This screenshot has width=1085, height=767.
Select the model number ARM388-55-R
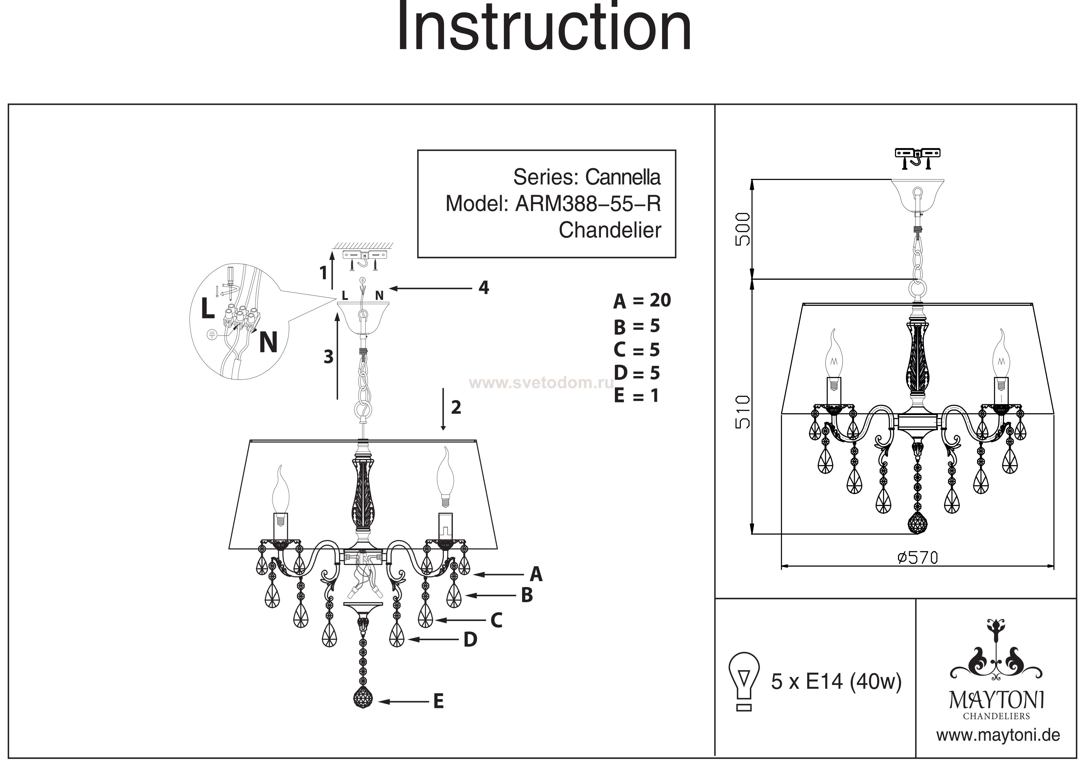pyautogui.click(x=588, y=204)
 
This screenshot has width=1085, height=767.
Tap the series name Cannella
pyautogui.click(x=623, y=177)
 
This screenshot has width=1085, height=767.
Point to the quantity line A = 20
pyautogui.click(x=642, y=301)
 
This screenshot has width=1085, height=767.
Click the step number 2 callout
pyautogui.click(x=456, y=407)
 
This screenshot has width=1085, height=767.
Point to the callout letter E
pyautogui.click(x=439, y=702)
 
